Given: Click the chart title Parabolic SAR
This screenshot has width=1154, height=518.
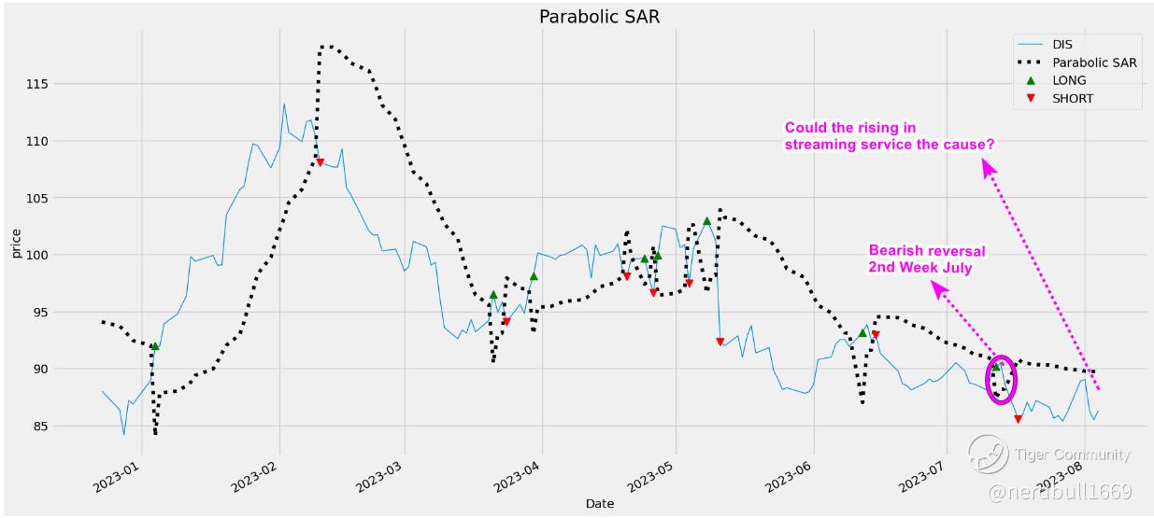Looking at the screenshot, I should tap(599, 17).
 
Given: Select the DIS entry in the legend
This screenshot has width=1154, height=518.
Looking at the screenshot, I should tap(1062, 44).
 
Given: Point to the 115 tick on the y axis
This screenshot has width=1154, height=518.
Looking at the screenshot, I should tap(64, 84).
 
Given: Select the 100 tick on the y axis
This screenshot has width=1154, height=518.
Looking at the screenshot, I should tap(64, 255).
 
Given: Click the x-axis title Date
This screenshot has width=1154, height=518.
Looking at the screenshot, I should tap(599, 504).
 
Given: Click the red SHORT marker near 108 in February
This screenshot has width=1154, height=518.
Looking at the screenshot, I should tap(320, 162).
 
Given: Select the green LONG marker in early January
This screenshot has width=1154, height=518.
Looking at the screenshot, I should tap(155, 346).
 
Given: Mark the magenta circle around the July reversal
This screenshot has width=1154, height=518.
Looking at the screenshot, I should tap(1001, 380).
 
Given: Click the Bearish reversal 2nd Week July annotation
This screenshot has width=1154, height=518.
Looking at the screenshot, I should tap(927, 259).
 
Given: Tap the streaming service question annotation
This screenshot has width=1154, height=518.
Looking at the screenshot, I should tap(889, 136).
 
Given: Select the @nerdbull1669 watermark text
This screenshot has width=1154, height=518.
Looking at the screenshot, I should tap(1059, 491).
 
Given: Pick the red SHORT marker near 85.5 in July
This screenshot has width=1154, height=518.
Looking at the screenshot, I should tap(1018, 419).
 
